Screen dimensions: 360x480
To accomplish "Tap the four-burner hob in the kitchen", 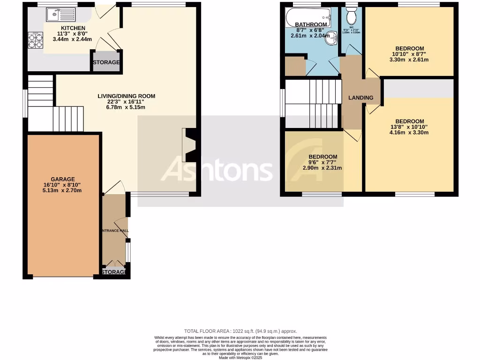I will [35, 40].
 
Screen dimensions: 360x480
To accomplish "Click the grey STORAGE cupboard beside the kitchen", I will [105, 62].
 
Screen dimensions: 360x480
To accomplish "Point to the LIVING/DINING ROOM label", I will [126, 96].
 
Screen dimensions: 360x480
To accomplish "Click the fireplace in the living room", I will [190, 146].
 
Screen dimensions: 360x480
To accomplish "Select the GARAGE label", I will [63, 179].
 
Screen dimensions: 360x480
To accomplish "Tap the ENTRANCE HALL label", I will [114, 231].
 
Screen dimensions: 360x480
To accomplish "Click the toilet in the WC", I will [351, 17].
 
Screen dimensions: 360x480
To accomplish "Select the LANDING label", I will [360, 98].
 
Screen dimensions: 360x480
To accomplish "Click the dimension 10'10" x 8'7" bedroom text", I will [409, 54].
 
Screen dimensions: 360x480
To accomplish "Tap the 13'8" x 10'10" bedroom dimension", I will [409, 127].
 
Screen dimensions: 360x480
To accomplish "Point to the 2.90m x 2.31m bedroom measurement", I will [322, 168].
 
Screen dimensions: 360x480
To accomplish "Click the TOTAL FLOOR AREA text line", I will [240, 331].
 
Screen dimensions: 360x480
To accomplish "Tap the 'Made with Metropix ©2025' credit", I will [240, 358].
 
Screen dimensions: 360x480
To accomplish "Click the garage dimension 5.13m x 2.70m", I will [63, 190].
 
